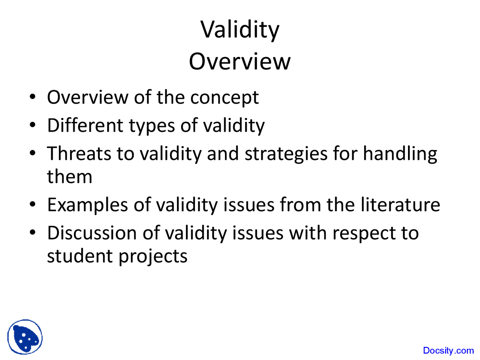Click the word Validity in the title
[240, 30]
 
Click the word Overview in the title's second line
[240, 61]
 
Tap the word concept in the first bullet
[224, 98]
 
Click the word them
[69, 177]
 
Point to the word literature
[400, 205]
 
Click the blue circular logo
[25, 337]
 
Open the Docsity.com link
[448, 351]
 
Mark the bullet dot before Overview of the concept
[33, 97]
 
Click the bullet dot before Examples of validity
[33, 205]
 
